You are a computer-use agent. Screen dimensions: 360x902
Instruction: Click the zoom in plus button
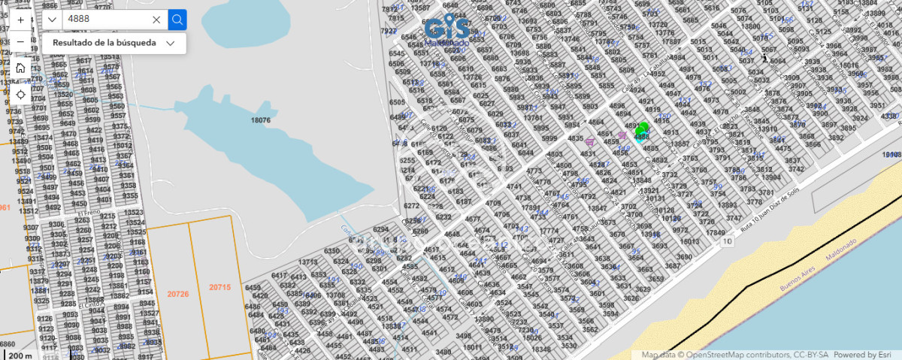[20, 20]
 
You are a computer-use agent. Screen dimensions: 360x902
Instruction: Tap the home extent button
[20, 68]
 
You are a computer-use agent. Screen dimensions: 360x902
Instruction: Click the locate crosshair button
[20, 94]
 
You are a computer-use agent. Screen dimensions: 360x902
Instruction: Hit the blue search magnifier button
[177, 20]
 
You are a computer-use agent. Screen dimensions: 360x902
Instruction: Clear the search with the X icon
[156, 20]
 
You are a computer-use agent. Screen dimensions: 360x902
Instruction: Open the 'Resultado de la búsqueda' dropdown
[114, 43]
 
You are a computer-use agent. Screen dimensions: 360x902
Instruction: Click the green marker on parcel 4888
[642, 130]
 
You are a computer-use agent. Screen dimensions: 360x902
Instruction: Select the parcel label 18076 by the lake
[261, 119]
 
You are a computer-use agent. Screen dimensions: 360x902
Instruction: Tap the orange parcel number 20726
[178, 294]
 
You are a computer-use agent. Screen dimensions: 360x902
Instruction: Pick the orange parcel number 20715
[219, 287]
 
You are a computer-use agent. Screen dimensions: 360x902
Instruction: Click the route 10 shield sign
[727, 241]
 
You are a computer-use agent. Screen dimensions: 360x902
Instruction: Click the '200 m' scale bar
[21, 355]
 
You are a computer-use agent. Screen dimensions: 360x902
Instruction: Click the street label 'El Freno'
[89, 213]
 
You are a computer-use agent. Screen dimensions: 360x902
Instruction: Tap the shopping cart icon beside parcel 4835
[590, 141]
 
